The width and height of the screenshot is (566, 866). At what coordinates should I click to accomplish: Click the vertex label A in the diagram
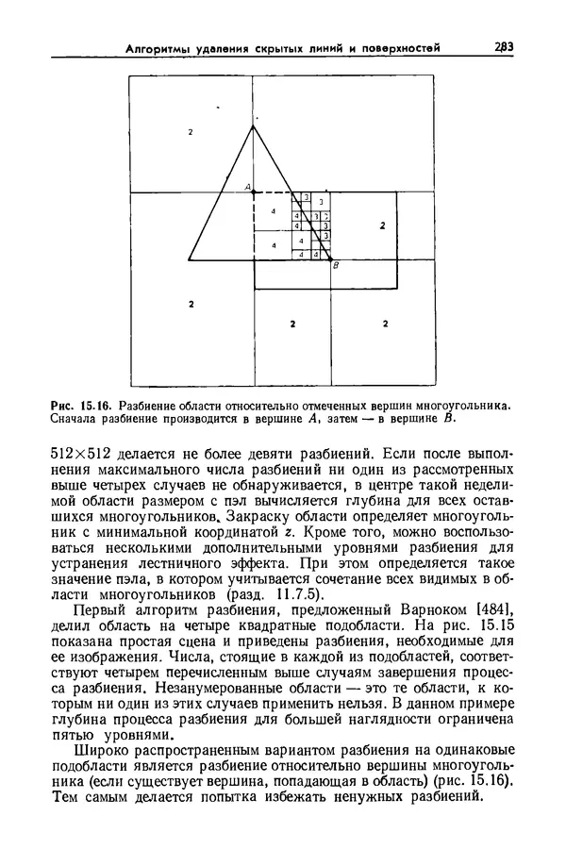coord(246,188)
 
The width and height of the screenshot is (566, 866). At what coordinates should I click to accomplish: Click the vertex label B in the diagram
coord(337,267)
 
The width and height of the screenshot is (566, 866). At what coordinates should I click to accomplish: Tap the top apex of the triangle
coord(252,125)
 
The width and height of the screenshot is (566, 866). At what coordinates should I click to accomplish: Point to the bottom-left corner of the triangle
coord(190,258)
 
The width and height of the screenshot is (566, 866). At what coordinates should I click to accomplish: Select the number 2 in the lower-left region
coord(191,304)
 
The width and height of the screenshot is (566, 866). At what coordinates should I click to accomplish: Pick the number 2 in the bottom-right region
coord(385,324)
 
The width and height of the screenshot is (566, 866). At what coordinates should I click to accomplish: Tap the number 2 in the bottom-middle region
coord(292,324)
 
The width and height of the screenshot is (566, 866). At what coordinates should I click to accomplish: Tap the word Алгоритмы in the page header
coord(159,48)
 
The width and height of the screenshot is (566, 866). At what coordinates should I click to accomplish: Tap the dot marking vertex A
coord(253,192)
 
